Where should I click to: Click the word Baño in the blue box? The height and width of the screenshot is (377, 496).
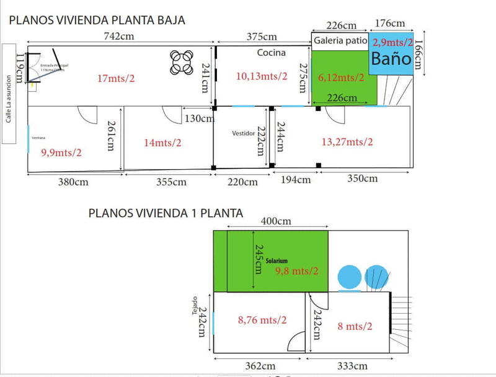click(x=391, y=59)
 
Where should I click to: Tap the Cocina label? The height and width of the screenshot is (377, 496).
click(x=272, y=53)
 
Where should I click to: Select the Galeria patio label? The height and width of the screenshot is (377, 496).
click(x=340, y=42)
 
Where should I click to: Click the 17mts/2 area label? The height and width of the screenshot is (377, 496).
click(x=116, y=79)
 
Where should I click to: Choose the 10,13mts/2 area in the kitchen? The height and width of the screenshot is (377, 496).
click(x=262, y=76)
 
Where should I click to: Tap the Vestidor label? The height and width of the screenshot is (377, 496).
click(x=243, y=133)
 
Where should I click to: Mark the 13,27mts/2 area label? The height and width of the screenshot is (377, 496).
click(x=347, y=142)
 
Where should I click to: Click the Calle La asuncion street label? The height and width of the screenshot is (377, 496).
click(x=9, y=99)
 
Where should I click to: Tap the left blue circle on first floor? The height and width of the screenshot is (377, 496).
click(x=350, y=277)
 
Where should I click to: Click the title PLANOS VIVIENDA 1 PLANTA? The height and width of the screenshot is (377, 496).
click(x=166, y=213)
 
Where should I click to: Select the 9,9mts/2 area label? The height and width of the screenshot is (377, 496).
click(x=61, y=152)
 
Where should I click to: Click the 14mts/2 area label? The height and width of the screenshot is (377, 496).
click(x=162, y=142)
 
